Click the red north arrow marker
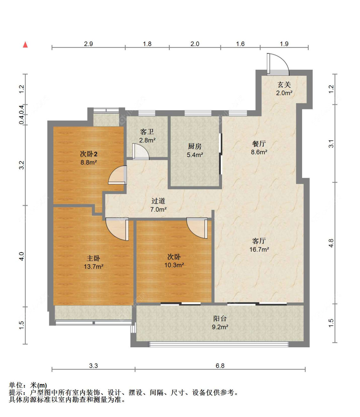(x=25, y=45)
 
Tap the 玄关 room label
(x=284, y=85)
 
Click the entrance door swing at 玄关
(x=277, y=64)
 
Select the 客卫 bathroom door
(x=140, y=152)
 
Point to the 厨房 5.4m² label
(x=195, y=151)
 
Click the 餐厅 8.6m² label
(x=259, y=148)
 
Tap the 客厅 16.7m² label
(x=259, y=245)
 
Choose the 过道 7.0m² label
(x=158, y=205)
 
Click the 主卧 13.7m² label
(x=93, y=263)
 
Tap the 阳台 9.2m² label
(x=220, y=323)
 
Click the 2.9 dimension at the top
(x=88, y=44)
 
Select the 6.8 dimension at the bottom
(x=220, y=366)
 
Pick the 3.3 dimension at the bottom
(x=93, y=366)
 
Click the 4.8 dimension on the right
(x=331, y=243)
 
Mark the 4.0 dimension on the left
(x=21, y=256)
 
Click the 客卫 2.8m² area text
(x=147, y=140)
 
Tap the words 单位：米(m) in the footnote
(x=28, y=385)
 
